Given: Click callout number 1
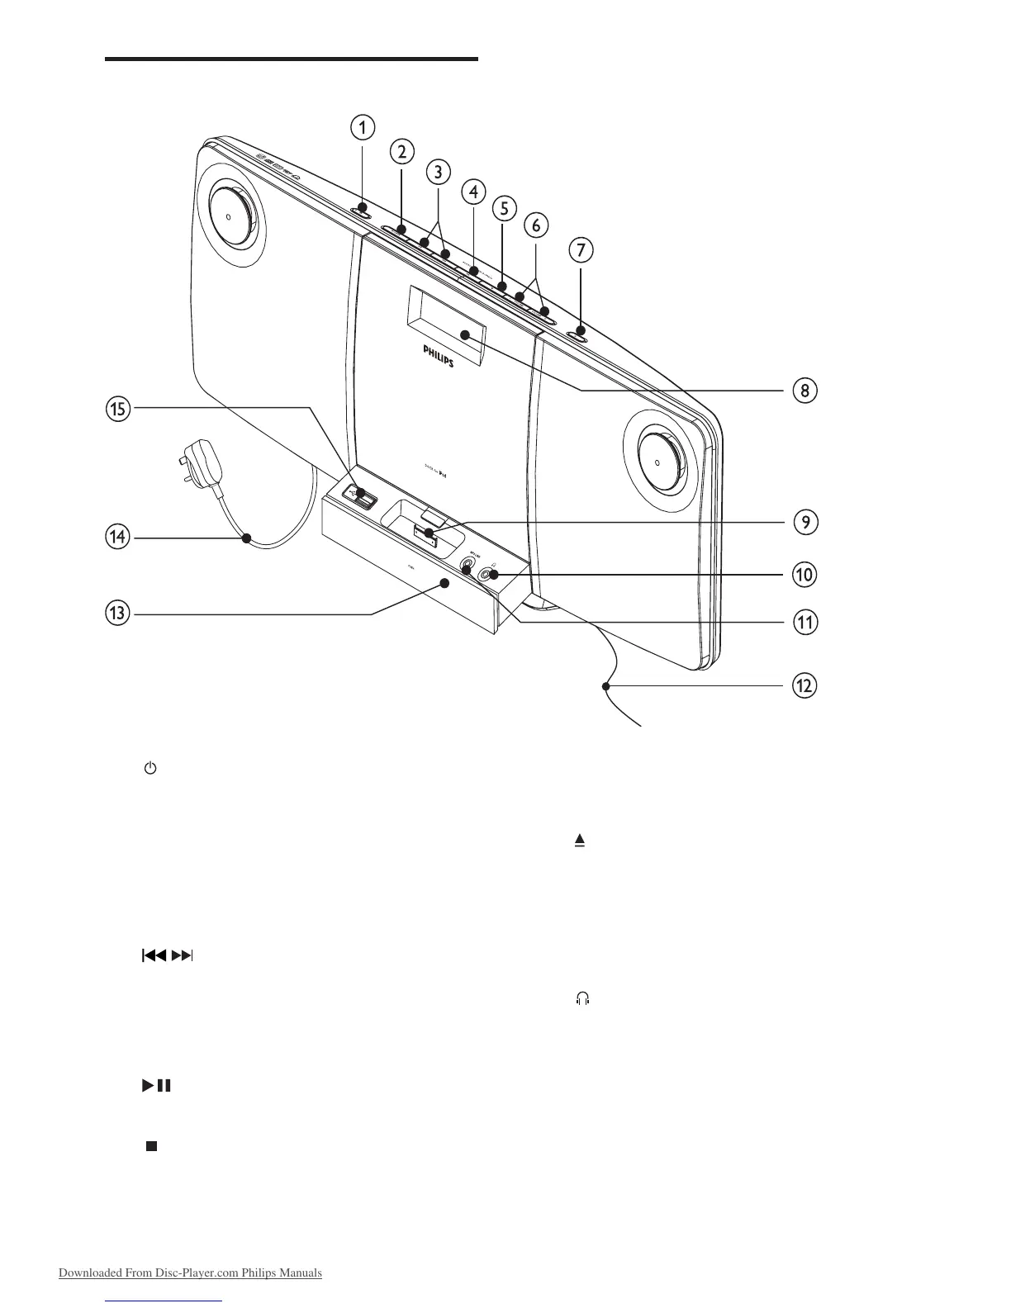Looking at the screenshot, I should point(362,127).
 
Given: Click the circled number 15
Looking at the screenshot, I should point(118,409).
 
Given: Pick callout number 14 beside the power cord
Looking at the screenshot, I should point(118,538).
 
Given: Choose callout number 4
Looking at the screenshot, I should point(472,192).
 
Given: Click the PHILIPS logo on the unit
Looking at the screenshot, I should point(439,357).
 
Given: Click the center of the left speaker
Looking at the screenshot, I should point(227,215).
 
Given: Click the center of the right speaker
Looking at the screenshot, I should point(658,457).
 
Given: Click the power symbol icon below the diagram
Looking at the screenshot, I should point(150,769).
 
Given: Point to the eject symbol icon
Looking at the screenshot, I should point(580,841).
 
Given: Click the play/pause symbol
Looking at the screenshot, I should point(156,1086).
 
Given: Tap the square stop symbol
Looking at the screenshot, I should point(151,1146).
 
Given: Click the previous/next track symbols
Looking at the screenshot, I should point(168,956).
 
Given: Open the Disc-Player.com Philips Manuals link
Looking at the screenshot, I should point(190,1272).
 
